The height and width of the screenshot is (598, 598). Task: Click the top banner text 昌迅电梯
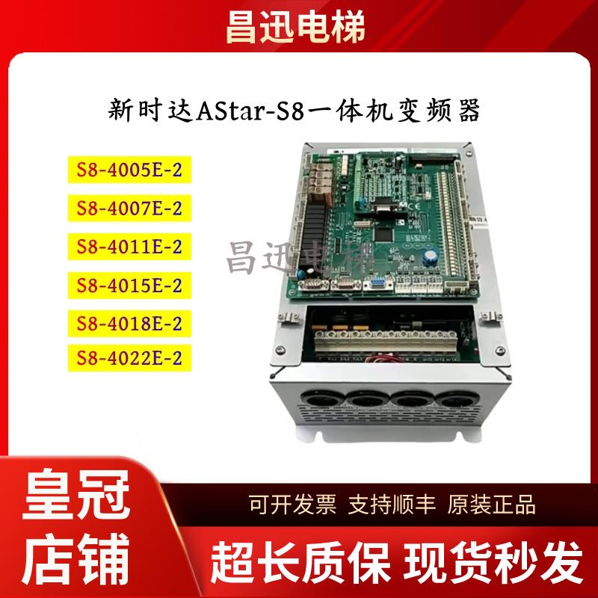pyautogui.click(x=299, y=27)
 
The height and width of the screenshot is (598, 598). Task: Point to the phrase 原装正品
pyautogui.click(x=491, y=505)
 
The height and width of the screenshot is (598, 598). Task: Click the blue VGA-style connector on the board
pyautogui.click(x=376, y=282)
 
